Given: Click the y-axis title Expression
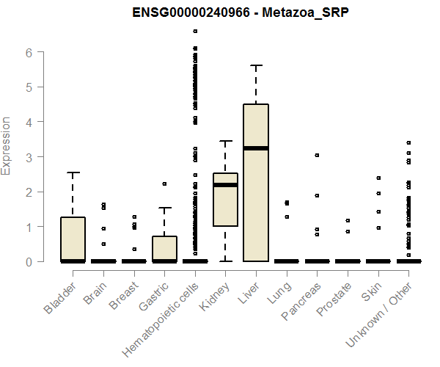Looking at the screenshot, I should (7, 145).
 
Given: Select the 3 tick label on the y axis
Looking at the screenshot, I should (29, 157).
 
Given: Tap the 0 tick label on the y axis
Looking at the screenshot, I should (29, 261).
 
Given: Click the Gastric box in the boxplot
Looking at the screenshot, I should (164, 248).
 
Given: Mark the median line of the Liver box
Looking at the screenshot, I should (256, 148).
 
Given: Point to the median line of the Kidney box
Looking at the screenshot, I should (225, 185).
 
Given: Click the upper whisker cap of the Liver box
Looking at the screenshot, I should (256, 65).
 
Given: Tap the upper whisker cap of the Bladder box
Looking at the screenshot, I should (73, 172).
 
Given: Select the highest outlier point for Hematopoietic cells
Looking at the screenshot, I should (195, 31).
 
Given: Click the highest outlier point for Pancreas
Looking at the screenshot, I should (317, 155).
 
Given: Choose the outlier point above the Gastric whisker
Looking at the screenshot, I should (164, 183).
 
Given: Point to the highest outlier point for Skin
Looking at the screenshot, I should (378, 178).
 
